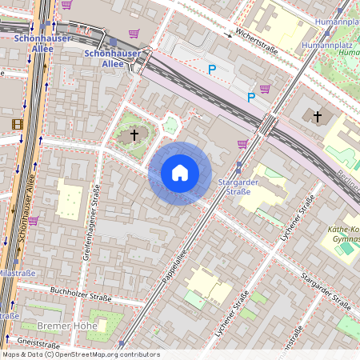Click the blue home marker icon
click(x=180, y=173)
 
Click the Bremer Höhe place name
click(x=67, y=326)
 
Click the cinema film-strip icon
click(x=18, y=123)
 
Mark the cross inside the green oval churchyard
click(x=134, y=135)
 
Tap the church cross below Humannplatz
click(x=318, y=117)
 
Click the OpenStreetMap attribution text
click(x=80, y=354)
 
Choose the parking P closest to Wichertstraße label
click(x=212, y=70)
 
